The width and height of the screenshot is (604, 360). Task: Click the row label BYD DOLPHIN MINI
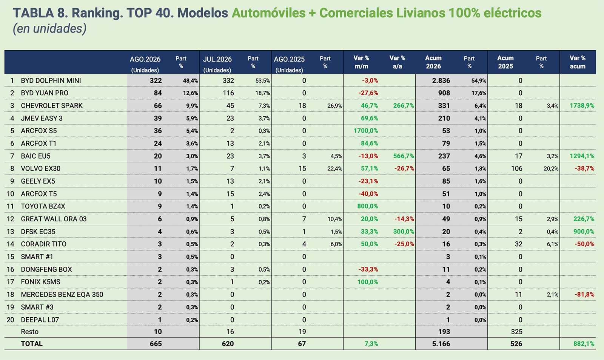point(51,80)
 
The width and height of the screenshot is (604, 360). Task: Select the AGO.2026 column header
point(145,59)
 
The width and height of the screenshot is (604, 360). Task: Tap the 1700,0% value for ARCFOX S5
point(366,131)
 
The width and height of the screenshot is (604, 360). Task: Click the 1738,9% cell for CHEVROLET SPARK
point(582,105)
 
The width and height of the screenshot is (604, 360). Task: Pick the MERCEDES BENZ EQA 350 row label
point(62,294)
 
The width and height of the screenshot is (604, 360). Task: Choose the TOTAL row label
point(32,344)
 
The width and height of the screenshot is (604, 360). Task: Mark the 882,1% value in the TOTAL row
point(584,344)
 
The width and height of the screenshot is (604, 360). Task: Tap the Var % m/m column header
point(361,62)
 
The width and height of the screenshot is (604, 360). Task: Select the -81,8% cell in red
point(584,294)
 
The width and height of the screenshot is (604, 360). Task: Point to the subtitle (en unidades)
point(49,29)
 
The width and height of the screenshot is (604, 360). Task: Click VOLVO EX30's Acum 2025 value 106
point(517,168)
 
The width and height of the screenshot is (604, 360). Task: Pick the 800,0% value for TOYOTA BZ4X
point(368,207)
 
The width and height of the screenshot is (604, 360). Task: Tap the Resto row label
point(30,332)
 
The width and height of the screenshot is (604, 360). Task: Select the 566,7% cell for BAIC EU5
point(404,156)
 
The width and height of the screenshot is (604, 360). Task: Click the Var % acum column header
point(578,62)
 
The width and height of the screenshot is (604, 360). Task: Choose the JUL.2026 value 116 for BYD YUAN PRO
point(228,93)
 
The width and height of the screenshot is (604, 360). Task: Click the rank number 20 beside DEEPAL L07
point(10,320)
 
